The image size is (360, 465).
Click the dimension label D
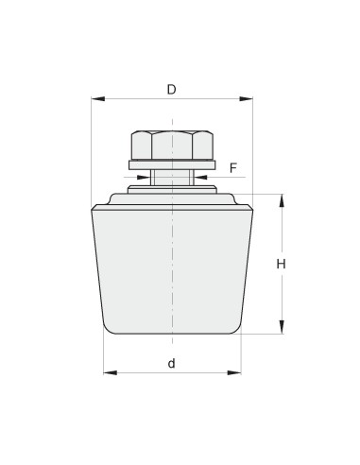point(172,90)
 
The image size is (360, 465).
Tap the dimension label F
point(233,168)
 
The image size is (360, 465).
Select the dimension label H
point(281,264)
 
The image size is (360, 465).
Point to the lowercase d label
point(171,363)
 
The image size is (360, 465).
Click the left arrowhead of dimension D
point(98,99)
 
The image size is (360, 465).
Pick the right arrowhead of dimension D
point(246,99)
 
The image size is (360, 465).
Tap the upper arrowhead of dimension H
point(282,200)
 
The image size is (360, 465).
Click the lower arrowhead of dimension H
point(282,327)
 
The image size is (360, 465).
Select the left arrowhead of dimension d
point(111,372)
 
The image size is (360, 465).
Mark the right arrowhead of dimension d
point(234,372)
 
